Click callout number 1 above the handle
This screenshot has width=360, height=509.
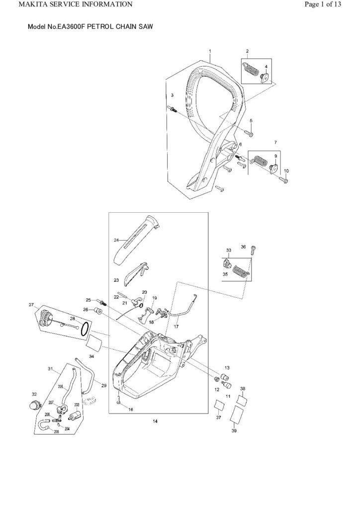210,52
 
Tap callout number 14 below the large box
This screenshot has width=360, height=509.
155,421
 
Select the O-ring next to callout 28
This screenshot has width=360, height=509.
86,328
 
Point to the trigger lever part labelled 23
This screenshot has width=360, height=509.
135,273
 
